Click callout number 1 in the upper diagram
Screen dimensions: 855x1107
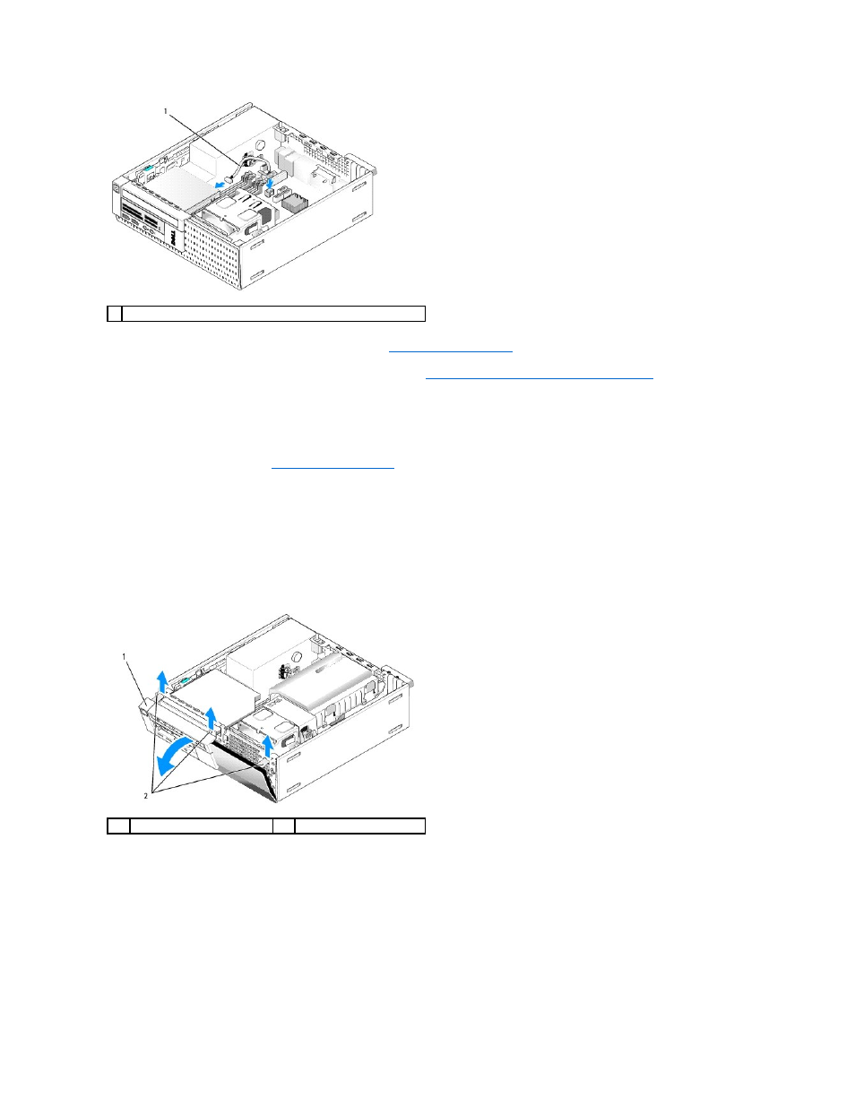pyautogui.click(x=165, y=111)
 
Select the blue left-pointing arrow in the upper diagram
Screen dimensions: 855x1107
pyautogui.click(x=220, y=184)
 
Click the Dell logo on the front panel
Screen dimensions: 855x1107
pyautogui.click(x=173, y=240)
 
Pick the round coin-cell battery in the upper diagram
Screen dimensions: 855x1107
pyautogui.click(x=262, y=144)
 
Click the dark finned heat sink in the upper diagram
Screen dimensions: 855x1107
pyautogui.click(x=296, y=203)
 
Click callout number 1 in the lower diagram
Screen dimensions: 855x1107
pyautogui.click(x=124, y=657)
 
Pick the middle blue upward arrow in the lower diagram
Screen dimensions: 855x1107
pyautogui.click(x=211, y=718)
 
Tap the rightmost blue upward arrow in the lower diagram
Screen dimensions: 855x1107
pyautogui.click(x=268, y=746)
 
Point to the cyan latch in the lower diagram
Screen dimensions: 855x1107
pyautogui.click(x=184, y=680)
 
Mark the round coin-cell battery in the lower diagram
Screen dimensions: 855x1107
pyautogui.click(x=298, y=655)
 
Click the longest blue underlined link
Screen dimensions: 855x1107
pyautogui.click(x=539, y=378)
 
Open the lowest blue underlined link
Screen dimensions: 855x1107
pyautogui.click(x=333, y=467)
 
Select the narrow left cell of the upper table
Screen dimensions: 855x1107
pyautogui.click(x=115, y=314)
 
